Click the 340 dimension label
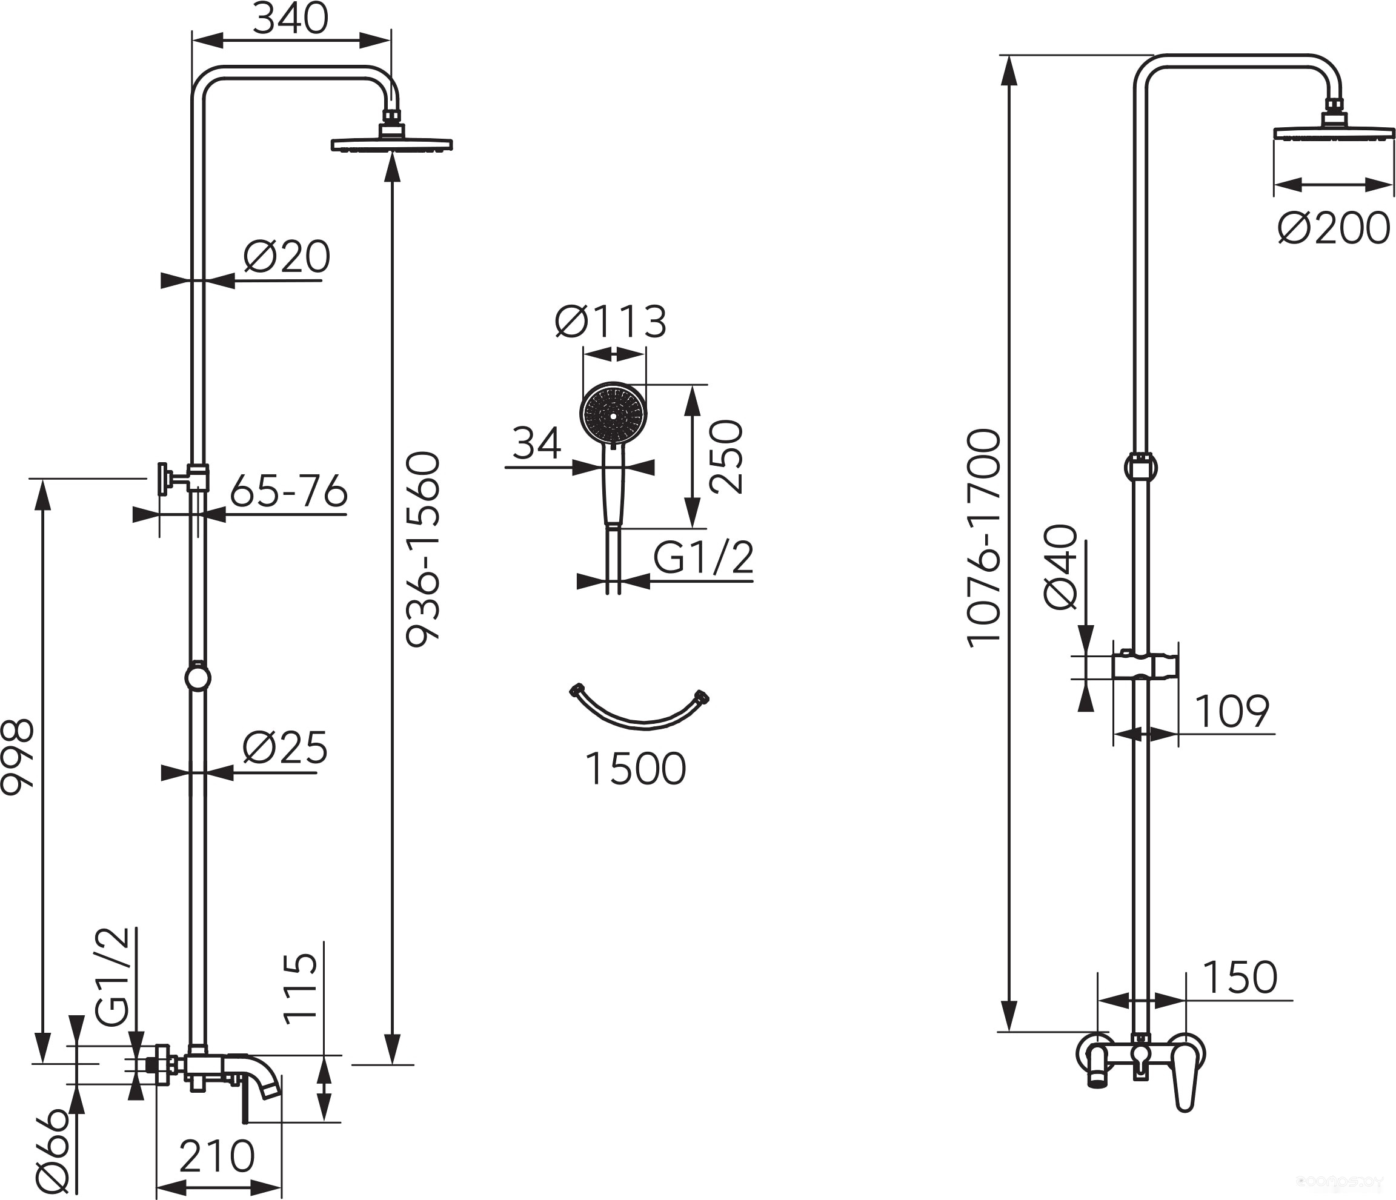(290, 19)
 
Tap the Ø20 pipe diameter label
(287, 257)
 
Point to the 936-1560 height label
(422, 549)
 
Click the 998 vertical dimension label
(17, 757)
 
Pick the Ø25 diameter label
(285, 748)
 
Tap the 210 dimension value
(217, 1156)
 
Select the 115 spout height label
(300, 989)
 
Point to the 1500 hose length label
(636, 768)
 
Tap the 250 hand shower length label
(726, 457)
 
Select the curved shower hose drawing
(639, 722)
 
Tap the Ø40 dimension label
(1060, 567)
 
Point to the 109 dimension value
(1232, 711)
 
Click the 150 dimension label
(1240, 977)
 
